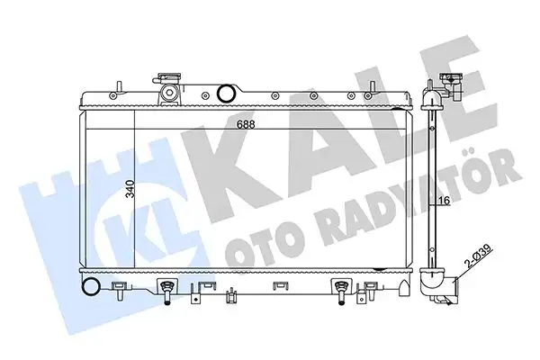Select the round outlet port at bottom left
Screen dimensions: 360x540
tap(90, 287)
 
